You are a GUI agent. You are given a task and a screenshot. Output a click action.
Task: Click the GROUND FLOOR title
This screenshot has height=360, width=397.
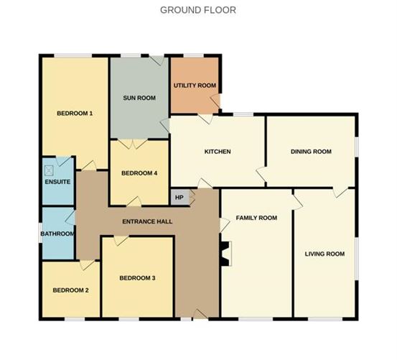tap(198, 10)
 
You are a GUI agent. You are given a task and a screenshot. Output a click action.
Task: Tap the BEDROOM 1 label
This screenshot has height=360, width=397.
tap(75, 114)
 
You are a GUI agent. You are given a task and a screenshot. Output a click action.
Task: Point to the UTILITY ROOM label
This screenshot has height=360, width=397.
tap(195, 86)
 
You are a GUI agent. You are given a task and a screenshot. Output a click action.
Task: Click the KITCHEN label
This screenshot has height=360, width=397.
tap(217, 152)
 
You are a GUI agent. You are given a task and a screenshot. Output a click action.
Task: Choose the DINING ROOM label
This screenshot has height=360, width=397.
tap(311, 152)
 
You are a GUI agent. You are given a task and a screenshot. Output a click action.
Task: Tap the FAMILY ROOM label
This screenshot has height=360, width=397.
tap(256, 218)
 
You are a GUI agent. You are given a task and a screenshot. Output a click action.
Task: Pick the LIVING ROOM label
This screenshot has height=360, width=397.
tap(324, 254)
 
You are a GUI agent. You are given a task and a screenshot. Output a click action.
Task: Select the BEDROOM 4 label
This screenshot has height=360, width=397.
tap(139, 173)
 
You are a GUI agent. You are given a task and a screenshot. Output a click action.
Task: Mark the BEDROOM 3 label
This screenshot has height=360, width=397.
tap(137, 278)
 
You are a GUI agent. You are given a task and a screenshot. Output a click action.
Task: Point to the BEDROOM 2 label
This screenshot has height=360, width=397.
tap(70, 290)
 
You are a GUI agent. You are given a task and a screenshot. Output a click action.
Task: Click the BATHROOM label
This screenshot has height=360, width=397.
tap(57, 234)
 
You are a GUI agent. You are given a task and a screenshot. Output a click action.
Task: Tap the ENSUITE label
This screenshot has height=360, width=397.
tap(57, 182)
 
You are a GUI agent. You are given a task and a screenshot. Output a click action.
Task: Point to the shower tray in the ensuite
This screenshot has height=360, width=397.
tap(50, 170)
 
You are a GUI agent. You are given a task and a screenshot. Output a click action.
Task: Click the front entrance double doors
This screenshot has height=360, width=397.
tap(195, 314)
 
